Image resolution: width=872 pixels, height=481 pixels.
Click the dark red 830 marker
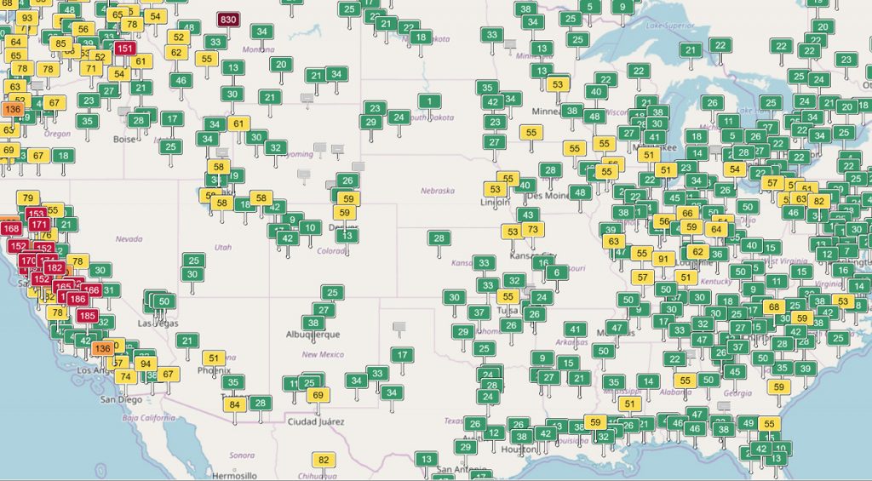228,20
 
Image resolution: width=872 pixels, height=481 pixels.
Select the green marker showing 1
430,102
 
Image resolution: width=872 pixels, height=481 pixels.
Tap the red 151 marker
124,49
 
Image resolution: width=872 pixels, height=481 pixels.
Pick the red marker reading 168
11,228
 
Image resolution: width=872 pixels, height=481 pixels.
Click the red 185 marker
87,316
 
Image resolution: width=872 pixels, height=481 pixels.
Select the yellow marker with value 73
532,229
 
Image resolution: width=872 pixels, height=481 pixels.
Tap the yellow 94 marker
146,364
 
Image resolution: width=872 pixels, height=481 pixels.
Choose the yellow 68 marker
773,306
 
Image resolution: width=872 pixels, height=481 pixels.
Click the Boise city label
124,139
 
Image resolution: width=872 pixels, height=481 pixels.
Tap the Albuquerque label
313,335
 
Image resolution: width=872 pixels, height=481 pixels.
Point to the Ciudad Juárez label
313,422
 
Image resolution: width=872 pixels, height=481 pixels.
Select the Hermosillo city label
233,475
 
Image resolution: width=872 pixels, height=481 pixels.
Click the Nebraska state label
437,191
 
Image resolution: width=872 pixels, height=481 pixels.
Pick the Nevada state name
129,238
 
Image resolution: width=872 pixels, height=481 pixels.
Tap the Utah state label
222,247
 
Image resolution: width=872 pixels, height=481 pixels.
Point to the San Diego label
120,399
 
